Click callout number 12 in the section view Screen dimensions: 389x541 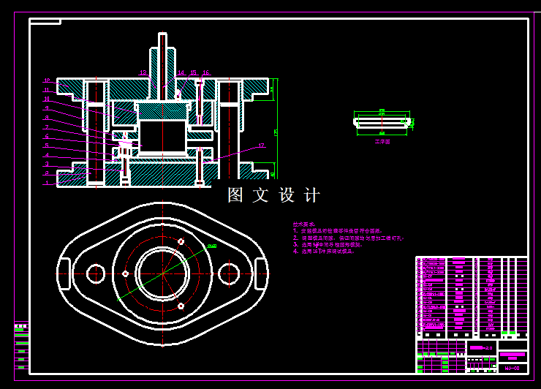click(46, 80)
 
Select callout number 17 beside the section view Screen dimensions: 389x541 click(261, 146)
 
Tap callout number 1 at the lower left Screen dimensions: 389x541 click(46, 183)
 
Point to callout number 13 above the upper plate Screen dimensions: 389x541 click(143, 72)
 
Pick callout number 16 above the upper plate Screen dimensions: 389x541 click(206, 72)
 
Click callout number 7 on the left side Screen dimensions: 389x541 click(46, 127)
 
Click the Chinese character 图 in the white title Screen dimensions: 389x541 click(235, 195)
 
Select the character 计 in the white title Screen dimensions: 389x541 click(311, 195)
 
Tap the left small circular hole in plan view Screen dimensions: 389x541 click(95, 274)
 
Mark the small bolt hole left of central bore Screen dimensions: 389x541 click(126, 273)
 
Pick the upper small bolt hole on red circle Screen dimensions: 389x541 click(181, 241)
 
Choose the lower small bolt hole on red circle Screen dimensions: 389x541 click(181, 306)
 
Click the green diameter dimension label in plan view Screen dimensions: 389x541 click(211, 246)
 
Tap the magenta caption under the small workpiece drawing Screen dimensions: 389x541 click(382, 142)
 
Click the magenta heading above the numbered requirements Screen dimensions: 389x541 click(303, 224)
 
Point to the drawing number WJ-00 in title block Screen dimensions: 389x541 click(512, 368)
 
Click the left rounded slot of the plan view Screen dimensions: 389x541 click(65, 274)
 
